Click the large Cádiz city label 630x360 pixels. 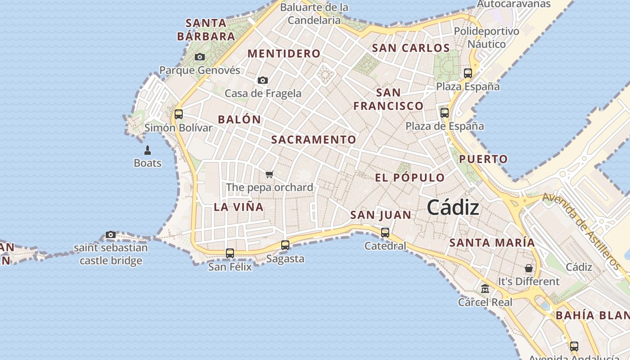(x=453, y=207)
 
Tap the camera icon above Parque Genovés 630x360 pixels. (x=200, y=57)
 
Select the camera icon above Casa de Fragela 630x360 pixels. (x=263, y=81)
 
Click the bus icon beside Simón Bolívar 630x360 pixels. (x=179, y=114)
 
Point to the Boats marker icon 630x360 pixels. (x=147, y=150)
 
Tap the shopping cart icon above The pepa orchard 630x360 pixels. (x=269, y=174)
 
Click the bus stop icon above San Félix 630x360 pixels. (x=230, y=253)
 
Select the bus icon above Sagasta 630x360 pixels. (x=285, y=245)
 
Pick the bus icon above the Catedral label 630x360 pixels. (x=385, y=233)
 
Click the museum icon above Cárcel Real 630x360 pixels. (x=485, y=289)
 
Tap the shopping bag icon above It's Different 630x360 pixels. (x=529, y=268)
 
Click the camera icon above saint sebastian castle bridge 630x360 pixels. (x=111, y=234)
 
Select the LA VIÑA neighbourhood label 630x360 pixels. (x=238, y=207)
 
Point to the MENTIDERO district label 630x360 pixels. (x=284, y=54)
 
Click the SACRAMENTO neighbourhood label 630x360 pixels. (x=314, y=139)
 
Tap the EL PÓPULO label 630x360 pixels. (x=409, y=177)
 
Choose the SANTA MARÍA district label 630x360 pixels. (x=492, y=243)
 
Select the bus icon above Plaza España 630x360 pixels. (x=468, y=73)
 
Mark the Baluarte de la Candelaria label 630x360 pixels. (x=314, y=13)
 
